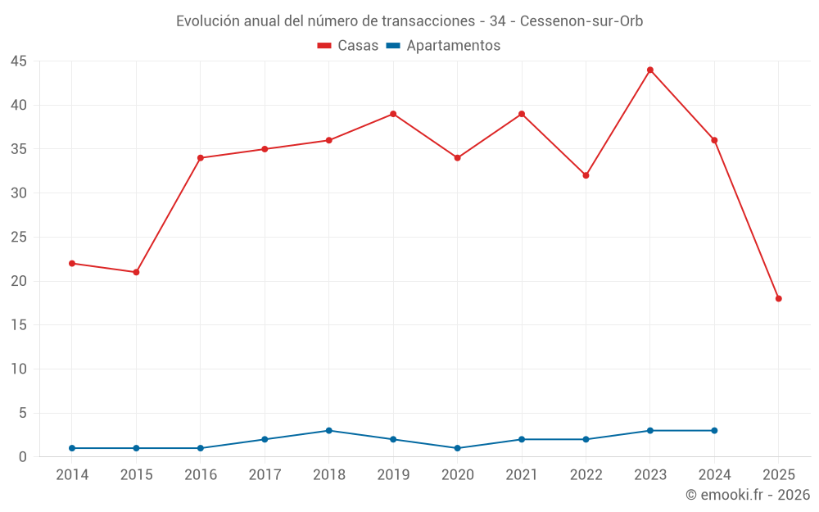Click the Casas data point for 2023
pos(650,70)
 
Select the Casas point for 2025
pos(779,298)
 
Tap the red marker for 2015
pos(136,272)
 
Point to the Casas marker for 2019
pos(393,114)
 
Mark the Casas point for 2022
pos(586,175)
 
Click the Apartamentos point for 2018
pos(328,430)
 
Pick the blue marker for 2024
pos(714,430)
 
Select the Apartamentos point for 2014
pos(72,448)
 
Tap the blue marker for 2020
pos(457,448)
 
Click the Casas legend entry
pos(348,46)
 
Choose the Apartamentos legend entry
pos(443,46)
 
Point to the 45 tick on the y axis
pos(19,61)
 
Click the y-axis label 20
pos(19,281)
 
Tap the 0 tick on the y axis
pos(23,457)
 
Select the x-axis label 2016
pos(201,475)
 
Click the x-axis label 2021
pos(522,475)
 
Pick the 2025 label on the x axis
pos(779,475)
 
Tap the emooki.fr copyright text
pos(748,495)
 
